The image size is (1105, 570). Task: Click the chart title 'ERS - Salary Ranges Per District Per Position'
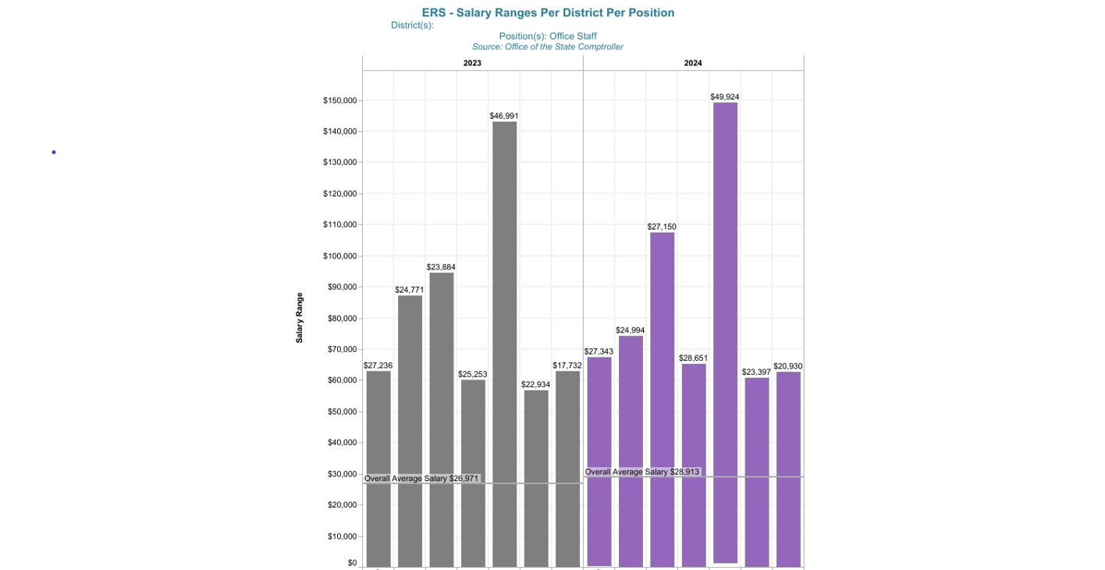point(548,12)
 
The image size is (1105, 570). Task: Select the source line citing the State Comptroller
point(548,47)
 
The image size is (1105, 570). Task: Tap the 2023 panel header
point(472,63)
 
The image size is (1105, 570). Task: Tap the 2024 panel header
point(693,63)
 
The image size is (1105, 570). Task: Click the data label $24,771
point(410,290)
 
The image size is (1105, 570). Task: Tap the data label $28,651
point(693,358)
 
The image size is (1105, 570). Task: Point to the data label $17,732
point(567,365)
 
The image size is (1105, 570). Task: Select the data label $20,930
point(788,366)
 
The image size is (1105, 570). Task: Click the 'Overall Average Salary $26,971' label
point(421,478)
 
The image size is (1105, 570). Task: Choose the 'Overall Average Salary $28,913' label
point(642,472)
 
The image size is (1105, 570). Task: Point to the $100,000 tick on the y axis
point(339,256)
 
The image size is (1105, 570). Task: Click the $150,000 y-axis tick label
point(339,101)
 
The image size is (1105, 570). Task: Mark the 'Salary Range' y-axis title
point(300,318)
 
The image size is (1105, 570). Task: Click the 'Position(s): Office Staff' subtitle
point(548,36)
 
